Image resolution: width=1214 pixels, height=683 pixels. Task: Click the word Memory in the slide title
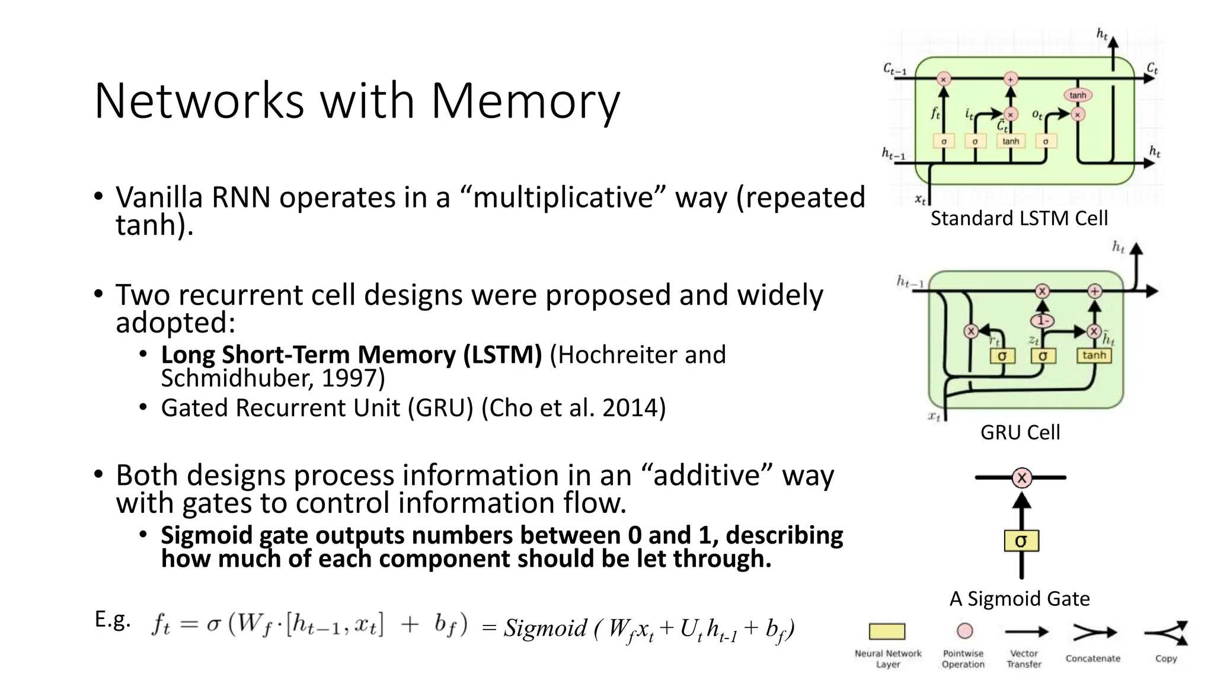click(x=525, y=101)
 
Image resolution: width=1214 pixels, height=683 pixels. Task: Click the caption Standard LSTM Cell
click(x=1018, y=219)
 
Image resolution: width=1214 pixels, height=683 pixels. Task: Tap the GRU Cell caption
click(x=1020, y=433)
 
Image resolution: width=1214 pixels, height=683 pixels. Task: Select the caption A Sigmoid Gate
click(x=1020, y=599)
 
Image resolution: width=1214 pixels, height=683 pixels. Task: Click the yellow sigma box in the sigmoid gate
click(x=1021, y=541)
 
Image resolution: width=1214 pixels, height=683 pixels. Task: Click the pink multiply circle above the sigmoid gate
click(x=1021, y=477)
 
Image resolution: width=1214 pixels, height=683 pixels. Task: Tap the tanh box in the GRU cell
click(x=1094, y=355)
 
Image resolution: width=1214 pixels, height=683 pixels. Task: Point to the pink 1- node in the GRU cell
click(x=1042, y=321)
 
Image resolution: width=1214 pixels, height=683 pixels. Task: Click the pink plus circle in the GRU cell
click(x=1094, y=291)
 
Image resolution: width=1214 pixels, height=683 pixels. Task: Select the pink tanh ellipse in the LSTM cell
click(x=1078, y=95)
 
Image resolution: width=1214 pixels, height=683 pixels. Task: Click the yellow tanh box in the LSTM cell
click(x=1011, y=141)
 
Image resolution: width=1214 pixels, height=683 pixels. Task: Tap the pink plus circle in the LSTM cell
click(x=1011, y=79)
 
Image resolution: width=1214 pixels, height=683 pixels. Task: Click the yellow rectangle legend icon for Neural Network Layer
click(x=887, y=631)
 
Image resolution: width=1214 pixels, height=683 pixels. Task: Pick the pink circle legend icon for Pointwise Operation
click(x=965, y=631)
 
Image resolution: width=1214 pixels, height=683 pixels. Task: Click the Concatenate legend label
click(x=1092, y=659)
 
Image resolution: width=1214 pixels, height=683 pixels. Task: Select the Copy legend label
click(x=1165, y=659)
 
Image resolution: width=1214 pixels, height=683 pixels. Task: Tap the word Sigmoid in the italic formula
click(x=545, y=628)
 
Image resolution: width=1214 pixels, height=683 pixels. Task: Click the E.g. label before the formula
click(x=112, y=620)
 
